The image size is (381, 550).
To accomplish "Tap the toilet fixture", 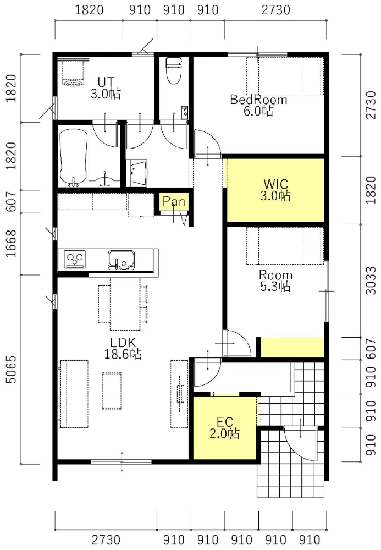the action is point(173,70).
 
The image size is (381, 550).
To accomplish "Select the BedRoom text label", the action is point(258,100).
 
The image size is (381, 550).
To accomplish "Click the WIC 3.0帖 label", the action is point(275,189).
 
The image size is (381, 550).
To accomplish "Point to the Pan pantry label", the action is point(174,201).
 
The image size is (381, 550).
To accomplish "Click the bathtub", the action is point(73,157).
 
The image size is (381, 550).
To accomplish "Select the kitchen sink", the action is point(122,260).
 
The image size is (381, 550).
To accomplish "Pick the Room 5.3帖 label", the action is point(275,280).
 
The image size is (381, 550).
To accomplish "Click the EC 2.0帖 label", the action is point(225,427).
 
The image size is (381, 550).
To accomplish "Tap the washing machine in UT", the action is point(73,73).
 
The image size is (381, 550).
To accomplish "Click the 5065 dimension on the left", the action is point(11,370).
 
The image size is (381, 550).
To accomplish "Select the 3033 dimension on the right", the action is point(371,280).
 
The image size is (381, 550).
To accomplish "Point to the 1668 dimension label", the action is point(11,244).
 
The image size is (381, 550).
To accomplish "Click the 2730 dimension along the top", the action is point(276,10).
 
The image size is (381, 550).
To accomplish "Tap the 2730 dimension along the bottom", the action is point(106,540).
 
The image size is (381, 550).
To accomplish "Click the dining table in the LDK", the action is point(125,304).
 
